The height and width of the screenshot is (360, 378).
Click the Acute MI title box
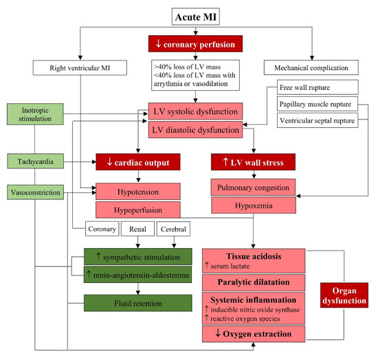point(189,14)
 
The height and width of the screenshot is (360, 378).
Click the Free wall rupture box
point(318,88)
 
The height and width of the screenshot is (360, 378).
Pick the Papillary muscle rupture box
point(318,104)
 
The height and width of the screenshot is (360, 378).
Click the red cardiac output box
point(137,163)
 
